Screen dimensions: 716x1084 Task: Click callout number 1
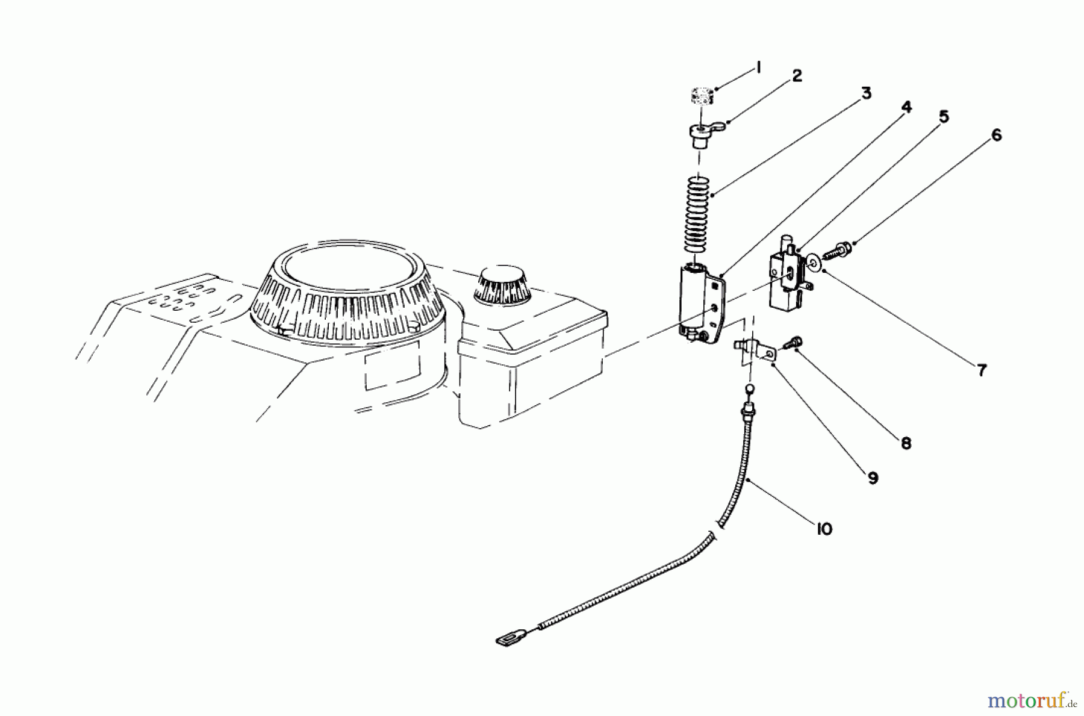pyautogui.click(x=758, y=68)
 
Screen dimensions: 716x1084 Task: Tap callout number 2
pyautogui.click(x=797, y=76)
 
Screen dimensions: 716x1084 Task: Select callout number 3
pyautogui.click(x=865, y=94)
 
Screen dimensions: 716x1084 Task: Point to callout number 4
pyautogui.click(x=906, y=107)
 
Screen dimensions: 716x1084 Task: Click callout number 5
pyautogui.click(x=943, y=117)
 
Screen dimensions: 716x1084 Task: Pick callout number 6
pyautogui.click(x=996, y=135)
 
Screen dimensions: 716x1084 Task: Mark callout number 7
pyautogui.click(x=982, y=370)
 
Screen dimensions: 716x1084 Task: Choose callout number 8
pyautogui.click(x=906, y=444)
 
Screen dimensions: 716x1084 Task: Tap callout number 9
pyautogui.click(x=873, y=478)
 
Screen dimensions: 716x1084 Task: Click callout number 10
pyautogui.click(x=824, y=529)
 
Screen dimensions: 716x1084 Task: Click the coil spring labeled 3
pyautogui.click(x=698, y=214)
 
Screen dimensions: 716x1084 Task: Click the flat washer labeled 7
pyautogui.click(x=815, y=262)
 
